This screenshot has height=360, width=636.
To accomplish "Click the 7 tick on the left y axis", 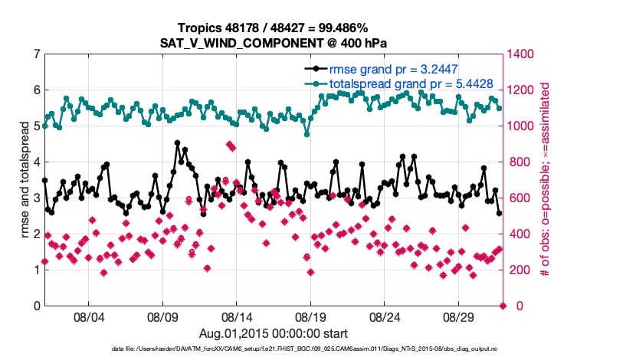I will coord(36,54).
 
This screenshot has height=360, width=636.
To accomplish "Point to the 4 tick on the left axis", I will coord(36,162).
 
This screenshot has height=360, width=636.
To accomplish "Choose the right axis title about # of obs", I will coord(546,180).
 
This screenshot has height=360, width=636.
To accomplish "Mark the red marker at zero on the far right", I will coord(503,306).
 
